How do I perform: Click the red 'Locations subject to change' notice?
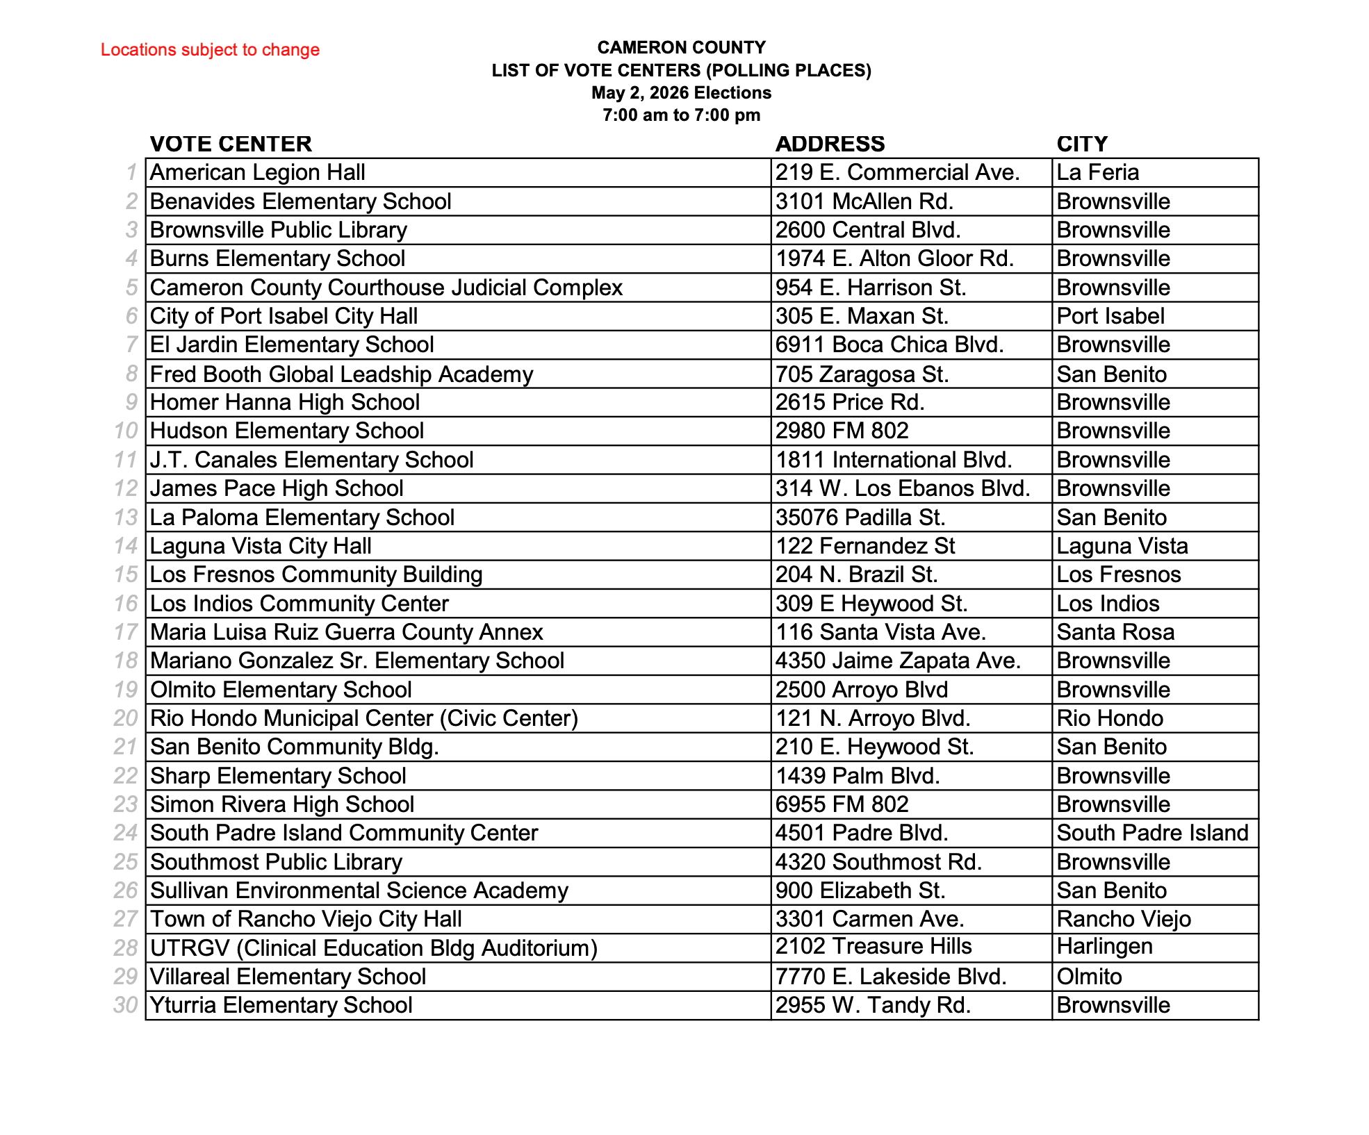click(x=210, y=50)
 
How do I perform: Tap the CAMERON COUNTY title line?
click(x=681, y=47)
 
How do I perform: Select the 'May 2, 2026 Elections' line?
click(x=681, y=93)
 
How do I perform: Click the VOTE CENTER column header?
click(x=231, y=144)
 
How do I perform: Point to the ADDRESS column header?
click(x=830, y=144)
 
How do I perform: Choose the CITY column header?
click(x=1082, y=144)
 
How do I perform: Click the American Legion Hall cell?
click(x=258, y=172)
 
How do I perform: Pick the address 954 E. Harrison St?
click(x=871, y=288)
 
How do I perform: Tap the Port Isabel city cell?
click(x=1110, y=316)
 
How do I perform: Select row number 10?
click(x=126, y=431)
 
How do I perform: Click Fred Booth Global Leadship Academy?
click(x=341, y=374)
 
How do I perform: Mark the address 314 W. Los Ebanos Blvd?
click(x=903, y=488)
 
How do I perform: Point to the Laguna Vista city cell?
click(x=1122, y=546)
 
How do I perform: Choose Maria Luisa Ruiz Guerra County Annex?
click(x=346, y=632)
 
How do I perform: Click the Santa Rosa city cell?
click(x=1115, y=632)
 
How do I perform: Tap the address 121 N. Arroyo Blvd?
click(x=873, y=718)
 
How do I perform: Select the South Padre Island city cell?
click(x=1152, y=833)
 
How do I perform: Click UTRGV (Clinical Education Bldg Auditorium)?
click(x=374, y=948)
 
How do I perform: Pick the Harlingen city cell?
click(x=1105, y=946)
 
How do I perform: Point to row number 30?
click(x=126, y=1005)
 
